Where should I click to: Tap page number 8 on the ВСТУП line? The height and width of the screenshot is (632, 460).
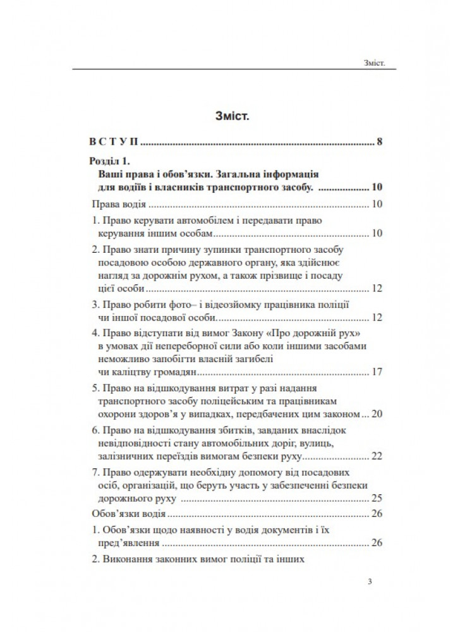tap(379, 142)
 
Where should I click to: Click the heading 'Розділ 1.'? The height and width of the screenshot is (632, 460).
tap(110, 162)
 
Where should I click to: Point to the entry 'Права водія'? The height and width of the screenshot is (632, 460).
tap(119, 205)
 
